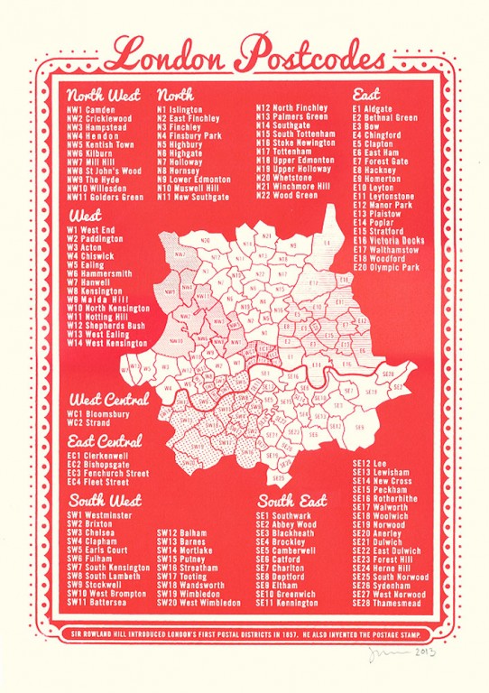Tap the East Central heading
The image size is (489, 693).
point(105,441)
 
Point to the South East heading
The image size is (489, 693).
point(292,500)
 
